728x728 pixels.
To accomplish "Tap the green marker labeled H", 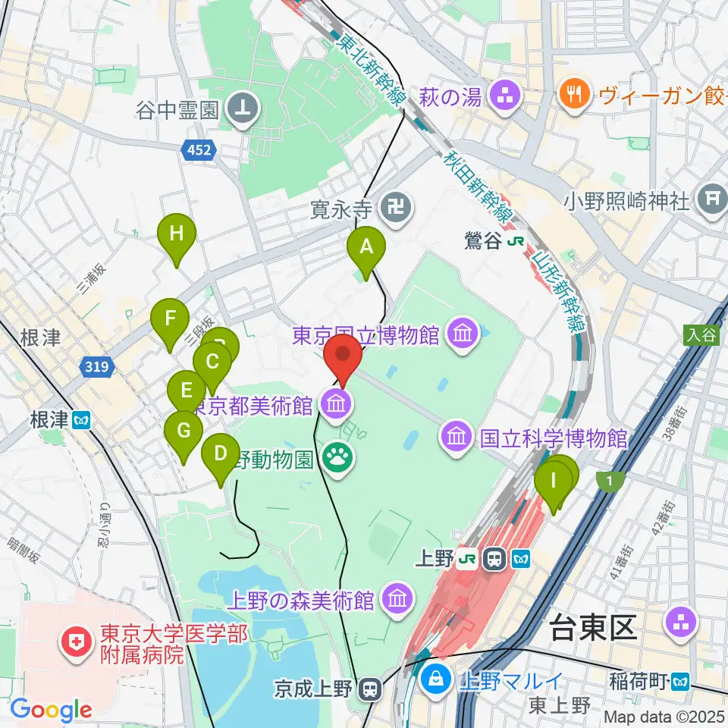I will click(x=176, y=234).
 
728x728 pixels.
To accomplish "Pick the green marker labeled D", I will click(x=221, y=454).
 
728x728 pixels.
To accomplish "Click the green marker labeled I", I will click(x=553, y=481).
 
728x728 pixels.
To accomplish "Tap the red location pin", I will click(x=343, y=355).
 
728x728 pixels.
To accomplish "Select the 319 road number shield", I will click(x=96, y=368).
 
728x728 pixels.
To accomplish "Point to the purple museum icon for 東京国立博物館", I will click(x=460, y=334).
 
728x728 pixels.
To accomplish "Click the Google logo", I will click(x=51, y=710).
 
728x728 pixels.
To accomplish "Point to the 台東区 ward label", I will click(x=588, y=629).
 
